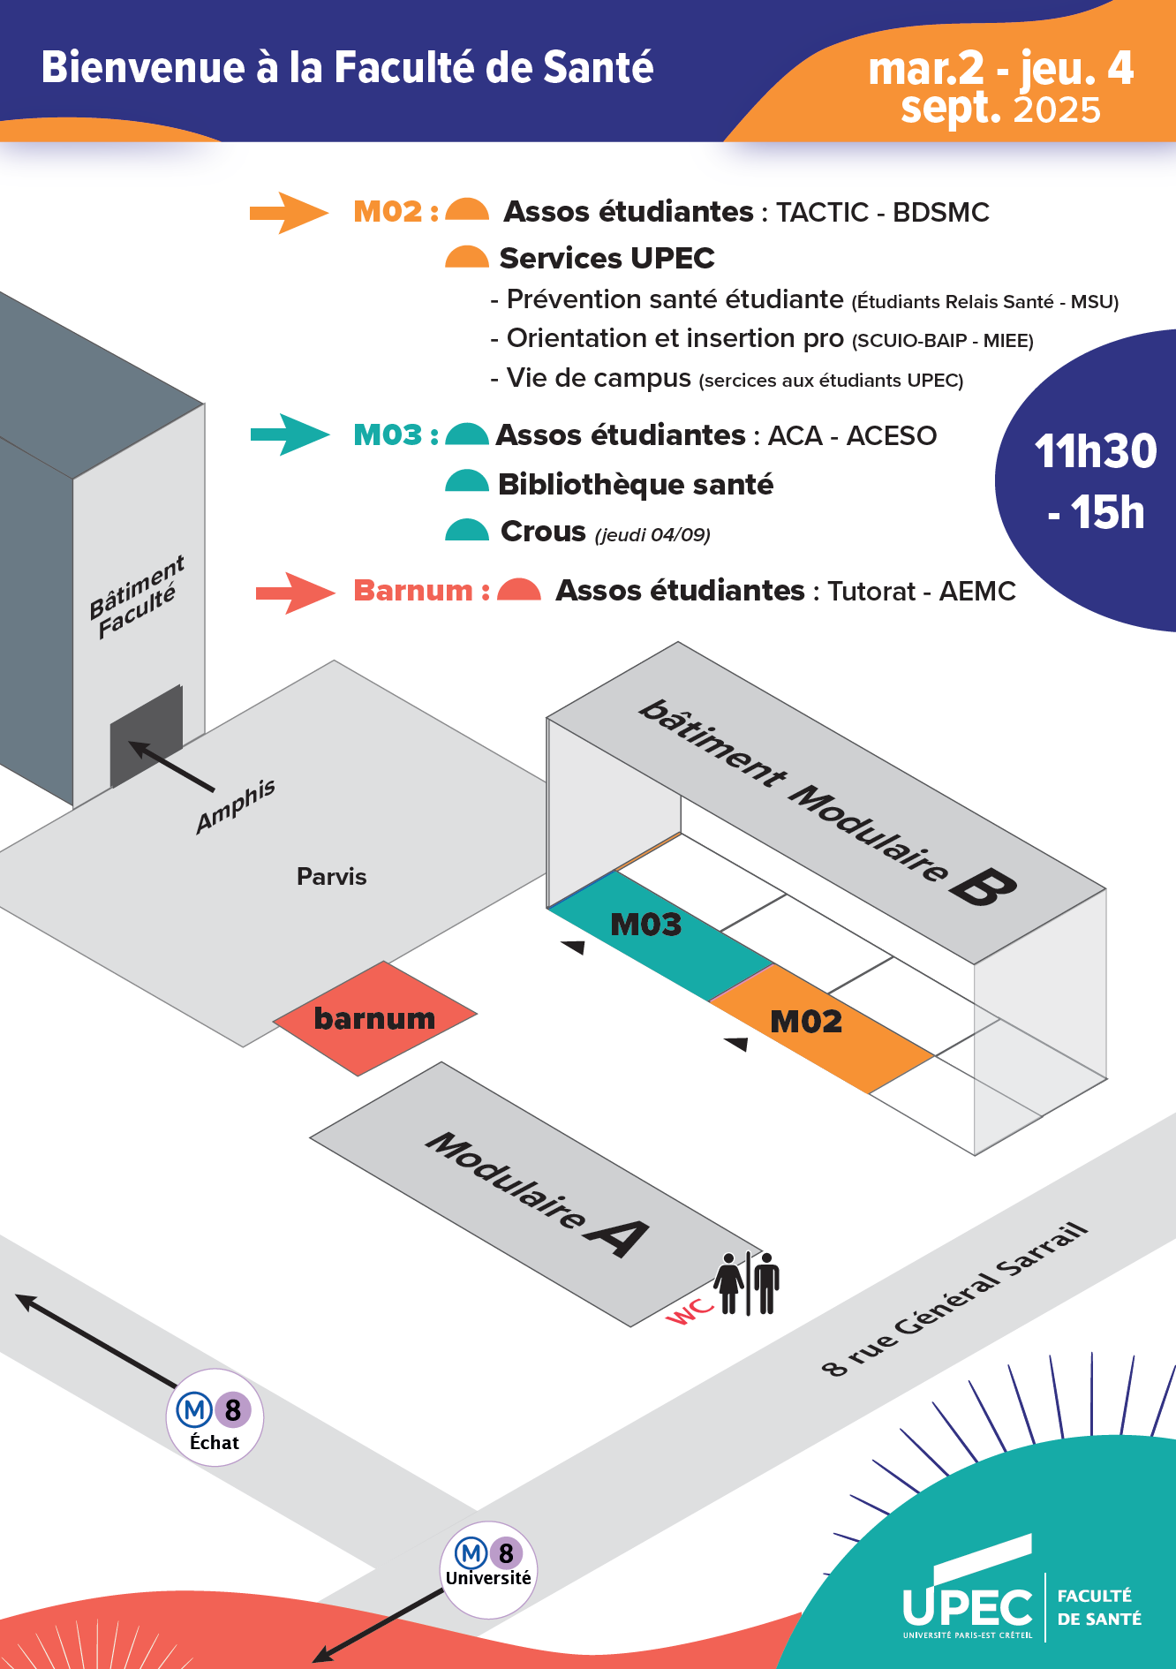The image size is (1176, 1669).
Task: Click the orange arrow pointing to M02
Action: point(288,213)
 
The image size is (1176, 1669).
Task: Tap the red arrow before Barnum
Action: point(294,593)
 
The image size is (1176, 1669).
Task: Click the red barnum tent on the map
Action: point(374,1018)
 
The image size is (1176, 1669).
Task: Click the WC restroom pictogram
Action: point(747,1283)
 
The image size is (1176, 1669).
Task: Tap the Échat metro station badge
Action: point(215,1417)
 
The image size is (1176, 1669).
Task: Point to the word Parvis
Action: point(331,876)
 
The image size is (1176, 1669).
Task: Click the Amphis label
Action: point(235,805)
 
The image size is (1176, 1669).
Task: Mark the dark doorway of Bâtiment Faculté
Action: point(146,735)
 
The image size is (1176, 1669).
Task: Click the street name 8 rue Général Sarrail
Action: point(954,1300)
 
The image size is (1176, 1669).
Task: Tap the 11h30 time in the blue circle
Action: point(1095,451)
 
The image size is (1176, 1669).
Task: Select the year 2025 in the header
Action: point(1057,110)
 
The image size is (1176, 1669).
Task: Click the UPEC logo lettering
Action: point(967,1606)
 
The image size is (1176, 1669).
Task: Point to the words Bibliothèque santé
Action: point(636,484)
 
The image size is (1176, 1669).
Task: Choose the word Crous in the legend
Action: point(543,532)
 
